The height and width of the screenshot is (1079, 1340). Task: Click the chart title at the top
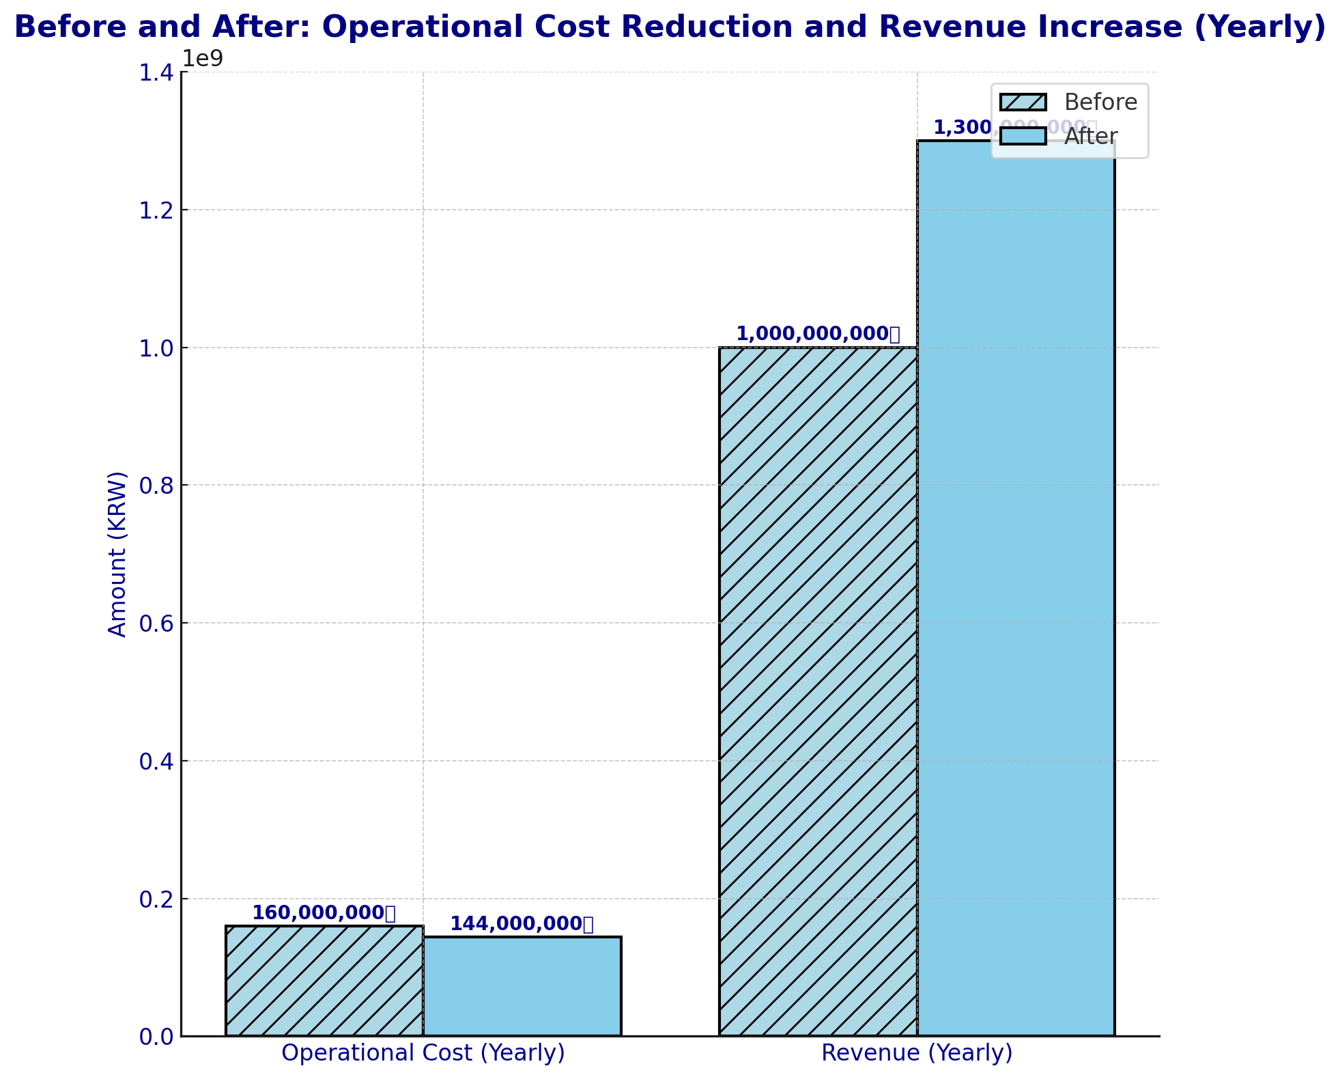click(670, 28)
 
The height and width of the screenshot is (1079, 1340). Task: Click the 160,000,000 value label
click(324, 913)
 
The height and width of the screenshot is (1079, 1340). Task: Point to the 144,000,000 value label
click(522, 924)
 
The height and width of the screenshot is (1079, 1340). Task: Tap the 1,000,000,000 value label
click(818, 334)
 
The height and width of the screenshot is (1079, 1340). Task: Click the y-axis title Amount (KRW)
click(118, 554)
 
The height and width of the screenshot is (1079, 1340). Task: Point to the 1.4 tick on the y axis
click(156, 72)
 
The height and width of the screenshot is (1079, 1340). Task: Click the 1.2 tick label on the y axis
click(156, 210)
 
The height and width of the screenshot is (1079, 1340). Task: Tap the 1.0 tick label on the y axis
click(156, 348)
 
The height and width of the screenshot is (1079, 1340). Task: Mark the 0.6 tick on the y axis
click(156, 623)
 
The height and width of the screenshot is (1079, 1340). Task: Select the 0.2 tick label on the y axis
click(156, 899)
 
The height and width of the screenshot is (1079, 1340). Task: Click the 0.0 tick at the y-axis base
click(156, 1037)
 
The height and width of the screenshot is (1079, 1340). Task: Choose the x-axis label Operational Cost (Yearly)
click(423, 1053)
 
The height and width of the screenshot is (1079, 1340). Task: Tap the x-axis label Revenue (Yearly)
click(917, 1053)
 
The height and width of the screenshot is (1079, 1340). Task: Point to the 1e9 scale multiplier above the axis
click(203, 59)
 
